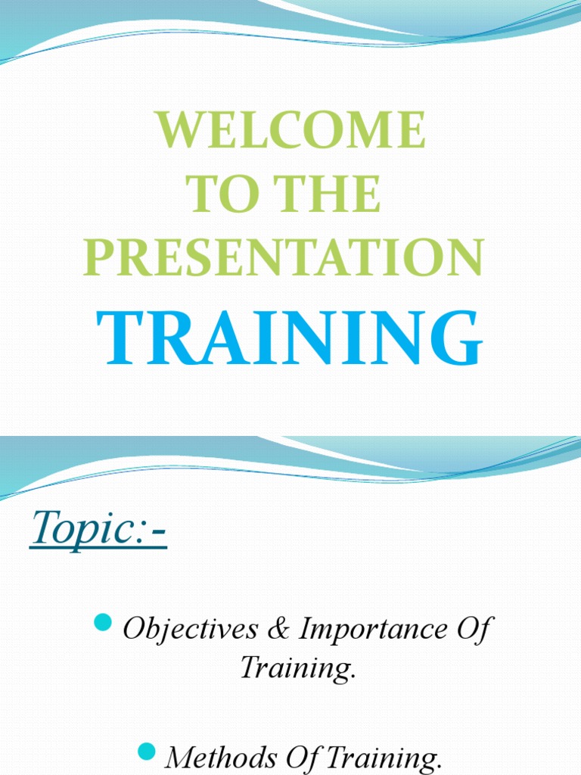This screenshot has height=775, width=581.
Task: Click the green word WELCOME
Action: click(x=291, y=129)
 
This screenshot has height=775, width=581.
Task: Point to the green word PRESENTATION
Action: click(x=284, y=257)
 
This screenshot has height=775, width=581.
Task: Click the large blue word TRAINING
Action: click(x=289, y=338)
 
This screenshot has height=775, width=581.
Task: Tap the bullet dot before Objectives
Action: click(x=103, y=622)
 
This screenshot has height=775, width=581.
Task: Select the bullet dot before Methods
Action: click(x=147, y=752)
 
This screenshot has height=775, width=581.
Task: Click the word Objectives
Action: click(x=190, y=629)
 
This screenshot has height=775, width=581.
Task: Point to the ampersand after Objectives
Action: click(x=279, y=629)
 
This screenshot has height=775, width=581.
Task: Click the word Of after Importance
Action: click(x=474, y=629)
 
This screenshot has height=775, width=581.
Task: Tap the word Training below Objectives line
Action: click(x=298, y=668)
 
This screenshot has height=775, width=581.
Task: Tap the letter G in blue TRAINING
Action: click(x=456, y=338)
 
